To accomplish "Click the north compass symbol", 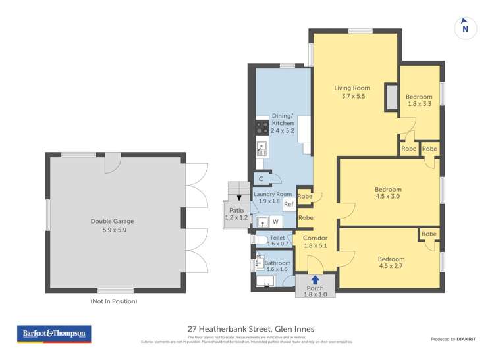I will pos(465,27).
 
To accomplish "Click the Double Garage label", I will pos(117,226).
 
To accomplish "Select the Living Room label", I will pos(352,91).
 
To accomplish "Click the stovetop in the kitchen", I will pos(262,126).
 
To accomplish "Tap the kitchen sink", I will pos(261,149).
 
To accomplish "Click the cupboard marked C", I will pos(261,178).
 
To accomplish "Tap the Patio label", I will pos(236,213).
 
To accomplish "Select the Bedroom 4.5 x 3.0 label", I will pos(388,193).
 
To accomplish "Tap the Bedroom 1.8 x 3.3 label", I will pos(419,100).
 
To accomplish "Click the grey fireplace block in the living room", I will pos(391,97).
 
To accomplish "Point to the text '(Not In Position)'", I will pos(114,301).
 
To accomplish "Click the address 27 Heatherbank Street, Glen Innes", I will pos(251,329).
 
